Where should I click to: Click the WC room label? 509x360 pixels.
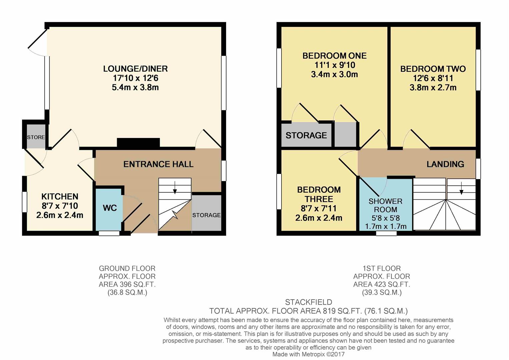click(110, 208)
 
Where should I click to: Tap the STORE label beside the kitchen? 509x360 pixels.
click(36, 137)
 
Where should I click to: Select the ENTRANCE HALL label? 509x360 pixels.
click(158, 164)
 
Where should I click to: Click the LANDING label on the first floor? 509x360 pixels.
click(445, 164)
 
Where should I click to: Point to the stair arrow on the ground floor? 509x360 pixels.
click(175, 188)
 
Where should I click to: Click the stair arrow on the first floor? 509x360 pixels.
click(461, 188)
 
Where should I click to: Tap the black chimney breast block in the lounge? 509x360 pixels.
click(138, 143)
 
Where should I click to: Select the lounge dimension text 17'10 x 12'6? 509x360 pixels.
click(135, 78)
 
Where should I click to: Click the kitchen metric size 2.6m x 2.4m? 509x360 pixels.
click(60, 215)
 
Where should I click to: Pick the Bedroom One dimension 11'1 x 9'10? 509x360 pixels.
click(335, 65)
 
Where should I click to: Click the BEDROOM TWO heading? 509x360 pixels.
click(433, 69)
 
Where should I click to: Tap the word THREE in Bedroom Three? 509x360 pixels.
click(319, 199)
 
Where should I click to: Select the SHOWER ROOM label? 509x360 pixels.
click(385, 205)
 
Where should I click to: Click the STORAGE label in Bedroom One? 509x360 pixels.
click(306, 135)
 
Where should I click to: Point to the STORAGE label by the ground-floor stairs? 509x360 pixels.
click(206, 215)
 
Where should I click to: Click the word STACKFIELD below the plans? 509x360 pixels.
click(309, 302)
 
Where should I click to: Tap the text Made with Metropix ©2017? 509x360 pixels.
click(308, 354)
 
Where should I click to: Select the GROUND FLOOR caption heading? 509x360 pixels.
click(127, 268)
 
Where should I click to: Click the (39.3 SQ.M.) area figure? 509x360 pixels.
click(382, 292)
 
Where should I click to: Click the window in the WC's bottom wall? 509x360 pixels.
click(109, 233)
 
